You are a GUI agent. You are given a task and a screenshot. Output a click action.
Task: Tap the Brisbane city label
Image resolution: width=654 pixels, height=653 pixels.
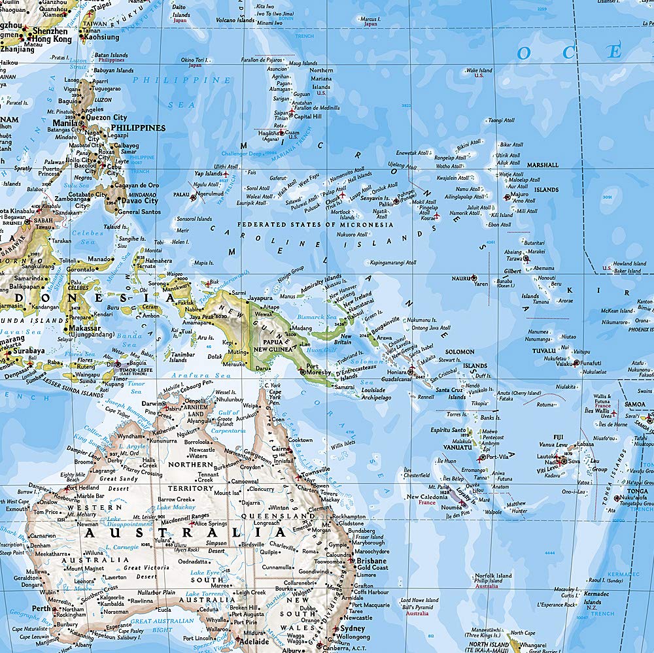371,561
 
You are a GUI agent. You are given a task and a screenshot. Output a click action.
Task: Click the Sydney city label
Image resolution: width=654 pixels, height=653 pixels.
353,628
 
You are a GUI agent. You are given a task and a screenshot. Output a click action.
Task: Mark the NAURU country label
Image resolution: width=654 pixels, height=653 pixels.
461,278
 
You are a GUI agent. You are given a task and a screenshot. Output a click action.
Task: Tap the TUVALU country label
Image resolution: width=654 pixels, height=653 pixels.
543,350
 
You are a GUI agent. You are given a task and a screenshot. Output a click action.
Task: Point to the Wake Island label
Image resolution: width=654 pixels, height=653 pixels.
479,71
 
